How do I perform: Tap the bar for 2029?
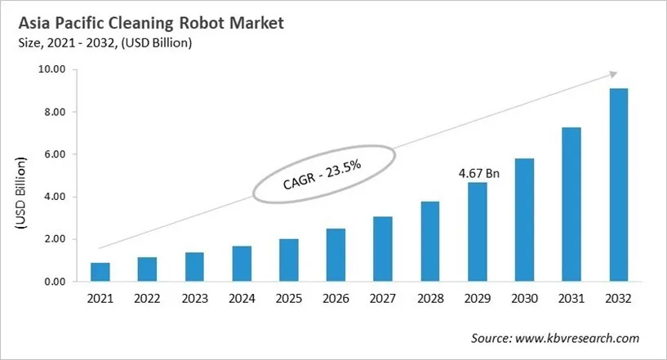[x=478, y=233]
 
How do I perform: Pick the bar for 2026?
[x=336, y=256]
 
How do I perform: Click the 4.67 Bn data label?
[x=478, y=173]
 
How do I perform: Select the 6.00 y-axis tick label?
[x=53, y=154]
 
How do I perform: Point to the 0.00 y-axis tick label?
[x=53, y=282]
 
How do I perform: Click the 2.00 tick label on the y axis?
[x=53, y=239]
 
